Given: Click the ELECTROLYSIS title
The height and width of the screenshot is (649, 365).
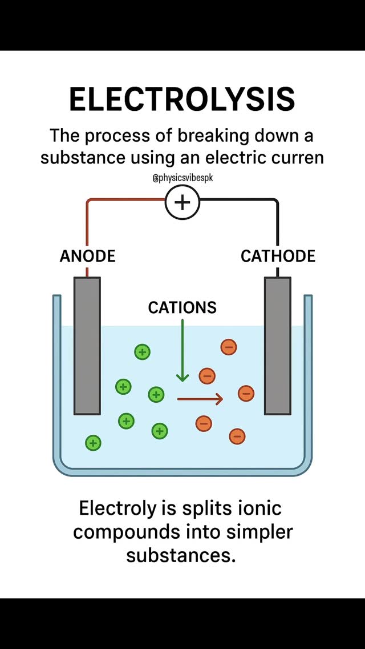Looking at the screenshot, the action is tap(182, 100).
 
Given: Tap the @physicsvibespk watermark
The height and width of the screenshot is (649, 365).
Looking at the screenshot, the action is tap(182, 179).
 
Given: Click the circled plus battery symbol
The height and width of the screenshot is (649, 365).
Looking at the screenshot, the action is tap(182, 202).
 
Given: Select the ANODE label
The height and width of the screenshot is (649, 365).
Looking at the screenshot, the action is tap(88, 256).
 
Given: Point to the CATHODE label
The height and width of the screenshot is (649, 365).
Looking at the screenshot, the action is tap(278, 256).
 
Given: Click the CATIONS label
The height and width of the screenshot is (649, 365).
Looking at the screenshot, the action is tap(182, 307).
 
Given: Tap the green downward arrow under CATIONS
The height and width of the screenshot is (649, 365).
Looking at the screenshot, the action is tap(182, 350).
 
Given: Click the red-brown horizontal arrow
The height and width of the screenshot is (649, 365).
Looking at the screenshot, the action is tap(200, 399).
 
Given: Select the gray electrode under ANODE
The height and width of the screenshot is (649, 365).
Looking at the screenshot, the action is tap(87, 346).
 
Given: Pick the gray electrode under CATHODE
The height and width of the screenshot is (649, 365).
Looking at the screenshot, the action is tap(278, 346).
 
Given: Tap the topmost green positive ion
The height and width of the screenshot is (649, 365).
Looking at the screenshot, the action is tap(142, 352).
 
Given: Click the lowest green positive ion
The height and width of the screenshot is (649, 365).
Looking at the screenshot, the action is tap(93, 443).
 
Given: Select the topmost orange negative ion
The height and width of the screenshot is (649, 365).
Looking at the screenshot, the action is tap(229, 347).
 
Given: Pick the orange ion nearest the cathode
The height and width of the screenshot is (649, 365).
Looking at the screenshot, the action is tap(246, 393).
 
